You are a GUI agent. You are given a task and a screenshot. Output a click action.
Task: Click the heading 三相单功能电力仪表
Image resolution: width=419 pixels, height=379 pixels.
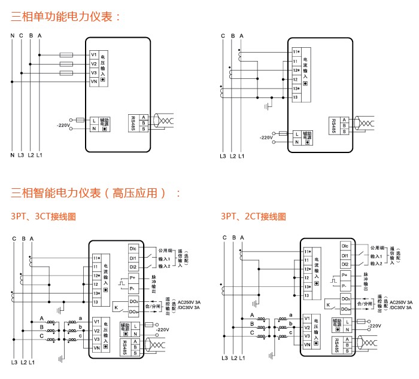[x=66, y=17]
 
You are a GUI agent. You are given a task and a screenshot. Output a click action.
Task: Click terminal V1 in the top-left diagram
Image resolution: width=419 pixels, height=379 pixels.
[x=94, y=54]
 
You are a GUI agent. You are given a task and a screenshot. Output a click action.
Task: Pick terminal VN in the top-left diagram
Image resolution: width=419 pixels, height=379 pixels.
[x=94, y=81]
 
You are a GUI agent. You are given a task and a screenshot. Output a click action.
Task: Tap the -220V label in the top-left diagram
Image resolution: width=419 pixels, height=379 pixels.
[x=63, y=126]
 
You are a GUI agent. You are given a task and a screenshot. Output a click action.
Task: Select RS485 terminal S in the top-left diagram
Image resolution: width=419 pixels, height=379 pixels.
[x=144, y=130]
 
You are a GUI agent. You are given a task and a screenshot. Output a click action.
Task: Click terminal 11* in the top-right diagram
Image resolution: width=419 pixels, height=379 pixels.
[x=296, y=52]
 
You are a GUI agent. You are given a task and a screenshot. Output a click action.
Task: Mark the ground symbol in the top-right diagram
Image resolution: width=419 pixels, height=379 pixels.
[x=269, y=106]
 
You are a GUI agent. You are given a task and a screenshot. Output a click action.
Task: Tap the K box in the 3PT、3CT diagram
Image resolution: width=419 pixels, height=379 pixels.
[x=116, y=308]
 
